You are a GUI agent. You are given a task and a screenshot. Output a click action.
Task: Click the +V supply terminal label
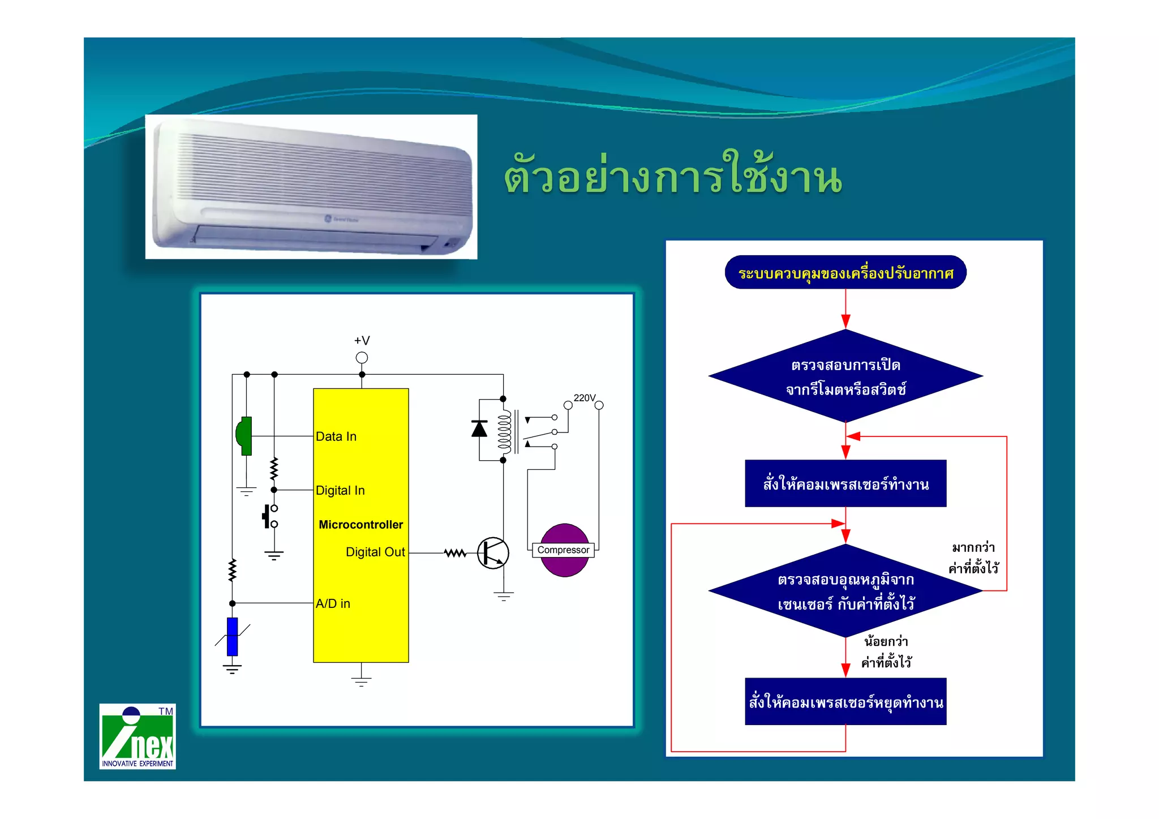coord(362,340)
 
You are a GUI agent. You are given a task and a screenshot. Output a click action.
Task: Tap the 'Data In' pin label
coord(336,436)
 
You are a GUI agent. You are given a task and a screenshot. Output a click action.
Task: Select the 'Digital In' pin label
coord(340,490)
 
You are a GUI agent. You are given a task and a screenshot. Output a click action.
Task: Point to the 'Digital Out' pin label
coord(375,552)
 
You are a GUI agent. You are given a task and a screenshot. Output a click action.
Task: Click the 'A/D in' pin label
coord(333,603)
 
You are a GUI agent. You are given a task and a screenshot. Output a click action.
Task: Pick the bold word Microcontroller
coord(360,525)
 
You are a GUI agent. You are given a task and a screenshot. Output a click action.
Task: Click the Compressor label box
coord(563,550)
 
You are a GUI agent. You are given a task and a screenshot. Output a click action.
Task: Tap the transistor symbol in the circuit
coord(492,553)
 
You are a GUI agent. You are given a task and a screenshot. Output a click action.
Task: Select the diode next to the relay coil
coord(479,429)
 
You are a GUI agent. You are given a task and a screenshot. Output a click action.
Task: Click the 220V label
coord(585,398)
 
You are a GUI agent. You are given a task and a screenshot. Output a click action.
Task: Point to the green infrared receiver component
coord(244,436)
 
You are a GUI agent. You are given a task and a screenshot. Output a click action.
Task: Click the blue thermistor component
coord(232,637)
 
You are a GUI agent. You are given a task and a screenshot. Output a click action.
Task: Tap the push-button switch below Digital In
coord(269,516)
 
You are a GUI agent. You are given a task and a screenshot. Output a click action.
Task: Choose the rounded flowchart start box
coord(845,273)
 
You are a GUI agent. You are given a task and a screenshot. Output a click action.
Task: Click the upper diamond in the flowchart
coord(845,376)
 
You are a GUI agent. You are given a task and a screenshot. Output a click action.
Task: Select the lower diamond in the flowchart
coord(845,591)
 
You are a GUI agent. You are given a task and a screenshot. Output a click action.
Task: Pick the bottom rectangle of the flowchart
coord(845,702)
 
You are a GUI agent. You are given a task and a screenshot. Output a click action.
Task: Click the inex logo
coord(138,736)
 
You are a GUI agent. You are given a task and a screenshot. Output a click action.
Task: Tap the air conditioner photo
coord(311,187)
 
